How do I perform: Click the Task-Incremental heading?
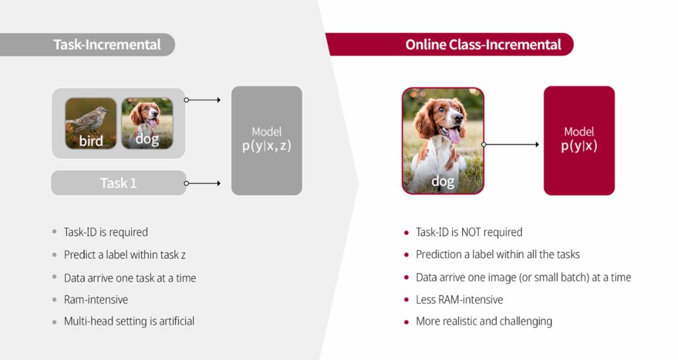(107, 45)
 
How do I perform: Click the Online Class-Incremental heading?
(483, 45)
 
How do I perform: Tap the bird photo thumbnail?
(91, 123)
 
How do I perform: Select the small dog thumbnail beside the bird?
(147, 123)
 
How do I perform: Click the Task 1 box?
(119, 183)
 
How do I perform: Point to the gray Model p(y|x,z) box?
(267, 141)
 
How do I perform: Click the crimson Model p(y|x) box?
(579, 141)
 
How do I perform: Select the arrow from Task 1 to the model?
(202, 183)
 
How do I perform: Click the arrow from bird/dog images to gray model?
(202, 100)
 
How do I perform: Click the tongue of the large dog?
(454, 135)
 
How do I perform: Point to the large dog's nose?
(459, 117)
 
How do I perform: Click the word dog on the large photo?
(443, 181)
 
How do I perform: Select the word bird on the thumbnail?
(91, 141)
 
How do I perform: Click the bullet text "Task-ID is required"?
(106, 232)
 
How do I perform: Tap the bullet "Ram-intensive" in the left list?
(96, 300)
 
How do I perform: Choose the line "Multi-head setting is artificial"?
(129, 321)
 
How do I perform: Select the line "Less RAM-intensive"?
(459, 300)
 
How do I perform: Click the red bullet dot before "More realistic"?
(406, 322)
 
